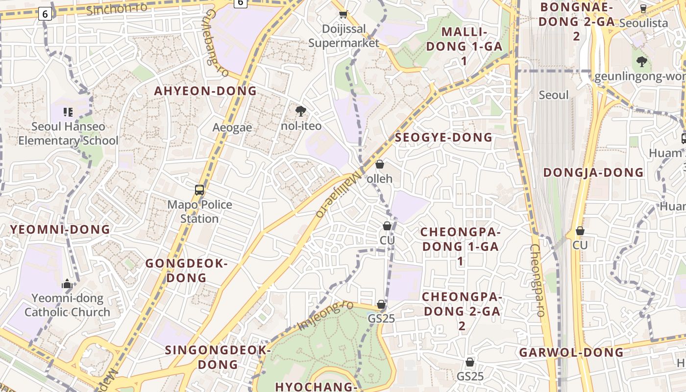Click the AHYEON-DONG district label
(205, 91)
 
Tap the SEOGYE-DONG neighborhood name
(443, 138)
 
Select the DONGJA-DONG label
(593, 172)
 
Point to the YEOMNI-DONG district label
(60, 229)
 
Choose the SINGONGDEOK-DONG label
(218, 357)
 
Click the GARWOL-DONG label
(571, 352)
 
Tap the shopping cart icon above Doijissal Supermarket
(343, 15)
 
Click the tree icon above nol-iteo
(300, 111)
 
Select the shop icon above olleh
(379, 164)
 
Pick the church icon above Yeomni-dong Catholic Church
(67, 284)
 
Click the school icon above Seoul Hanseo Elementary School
(68, 112)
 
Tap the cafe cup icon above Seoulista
(643, 9)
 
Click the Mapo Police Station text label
(199, 211)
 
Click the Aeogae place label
(232, 128)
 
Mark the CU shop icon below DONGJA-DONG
(580, 231)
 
